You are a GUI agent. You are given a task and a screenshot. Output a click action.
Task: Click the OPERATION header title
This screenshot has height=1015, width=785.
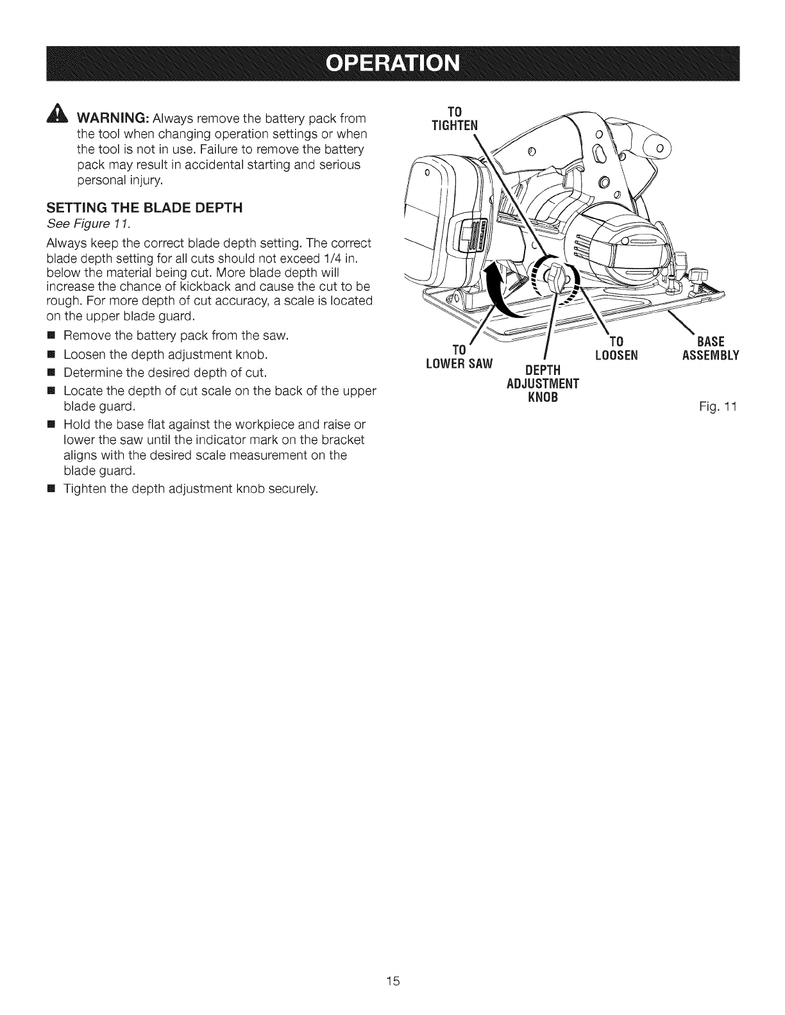(x=393, y=64)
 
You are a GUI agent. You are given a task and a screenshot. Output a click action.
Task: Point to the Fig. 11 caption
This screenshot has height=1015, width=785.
(x=718, y=406)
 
